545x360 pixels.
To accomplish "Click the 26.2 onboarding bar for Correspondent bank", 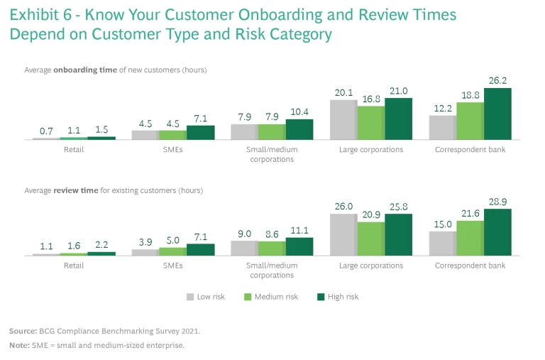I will coord(497,114).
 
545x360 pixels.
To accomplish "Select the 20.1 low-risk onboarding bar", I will coord(343,119).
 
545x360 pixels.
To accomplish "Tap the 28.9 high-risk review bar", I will coord(497,231).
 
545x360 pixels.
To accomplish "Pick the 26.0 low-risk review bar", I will coord(343,234).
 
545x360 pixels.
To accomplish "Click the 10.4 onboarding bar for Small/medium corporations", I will coord(299,129).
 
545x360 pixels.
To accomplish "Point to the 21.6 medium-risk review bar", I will coord(470,238).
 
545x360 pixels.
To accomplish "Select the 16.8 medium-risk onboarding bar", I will coord(370,123).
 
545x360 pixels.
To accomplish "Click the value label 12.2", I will coord(442,108).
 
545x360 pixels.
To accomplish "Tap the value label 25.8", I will coord(398,207).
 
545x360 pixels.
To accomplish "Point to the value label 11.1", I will coord(299,231).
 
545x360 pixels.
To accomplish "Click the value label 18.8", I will coord(470,95).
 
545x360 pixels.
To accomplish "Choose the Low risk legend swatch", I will coord(190,297).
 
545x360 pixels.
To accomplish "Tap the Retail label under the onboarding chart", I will coord(74,150).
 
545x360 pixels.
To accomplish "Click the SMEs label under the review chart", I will coord(173,266).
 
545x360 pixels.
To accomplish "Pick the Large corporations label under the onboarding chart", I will coord(370,150).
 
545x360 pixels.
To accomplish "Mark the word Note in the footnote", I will coord(18,345).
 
